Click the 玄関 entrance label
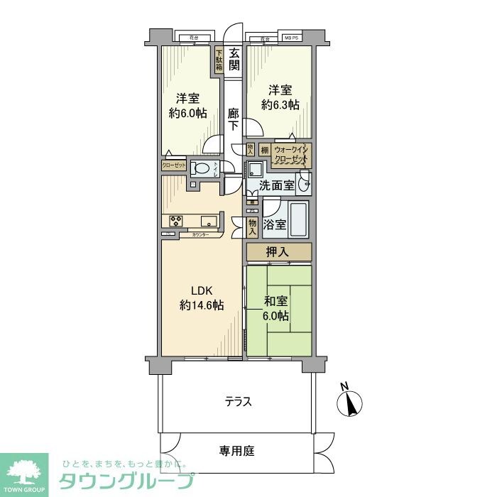(234, 61)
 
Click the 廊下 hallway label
(234, 119)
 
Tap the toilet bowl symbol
(202, 168)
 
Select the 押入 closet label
(278, 251)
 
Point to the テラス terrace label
(238, 402)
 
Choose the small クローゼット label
(174, 165)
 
